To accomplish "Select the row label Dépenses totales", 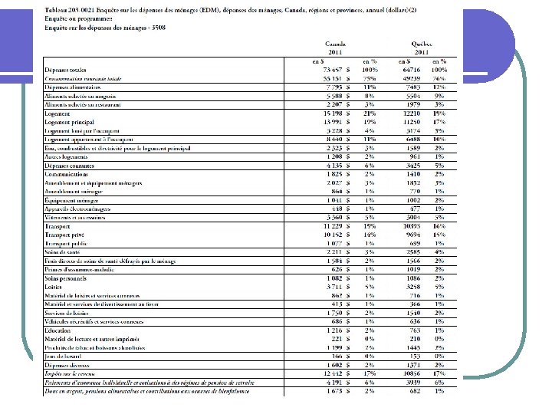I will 65,70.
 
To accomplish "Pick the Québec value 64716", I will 411,70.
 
